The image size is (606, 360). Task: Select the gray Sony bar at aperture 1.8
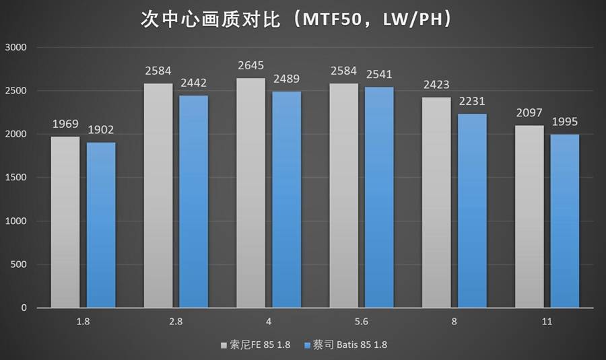65,222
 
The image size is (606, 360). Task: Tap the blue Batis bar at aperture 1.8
101,225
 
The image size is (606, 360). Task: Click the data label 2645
250,66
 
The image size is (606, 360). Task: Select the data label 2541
379,75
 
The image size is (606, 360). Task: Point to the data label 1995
564,122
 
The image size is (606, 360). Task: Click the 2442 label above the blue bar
193,83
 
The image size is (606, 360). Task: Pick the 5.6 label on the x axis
362,322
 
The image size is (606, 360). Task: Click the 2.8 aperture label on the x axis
176,322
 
